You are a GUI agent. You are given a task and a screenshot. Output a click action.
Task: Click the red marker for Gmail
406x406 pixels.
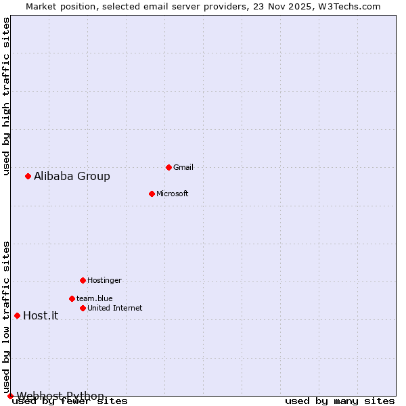[x=168, y=167]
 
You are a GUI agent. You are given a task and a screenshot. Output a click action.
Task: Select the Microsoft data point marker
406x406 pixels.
[x=152, y=194]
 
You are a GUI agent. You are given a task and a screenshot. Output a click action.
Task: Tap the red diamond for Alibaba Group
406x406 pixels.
[x=28, y=177]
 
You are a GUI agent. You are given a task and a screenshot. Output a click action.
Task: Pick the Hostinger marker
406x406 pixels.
[x=83, y=280]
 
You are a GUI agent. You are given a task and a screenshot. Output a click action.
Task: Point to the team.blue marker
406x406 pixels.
[x=72, y=298]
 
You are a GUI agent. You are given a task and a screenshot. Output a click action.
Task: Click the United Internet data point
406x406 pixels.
[x=83, y=308]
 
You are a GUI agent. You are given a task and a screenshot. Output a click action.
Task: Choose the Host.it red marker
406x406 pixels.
[x=17, y=315]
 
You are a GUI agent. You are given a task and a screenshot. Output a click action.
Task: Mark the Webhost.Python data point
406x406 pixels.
[x=10, y=396]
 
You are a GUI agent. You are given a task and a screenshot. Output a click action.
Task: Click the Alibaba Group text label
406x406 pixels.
[x=72, y=177]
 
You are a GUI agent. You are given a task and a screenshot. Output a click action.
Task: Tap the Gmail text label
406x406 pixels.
[x=183, y=167]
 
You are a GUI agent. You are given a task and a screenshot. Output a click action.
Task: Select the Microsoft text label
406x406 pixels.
[x=172, y=194]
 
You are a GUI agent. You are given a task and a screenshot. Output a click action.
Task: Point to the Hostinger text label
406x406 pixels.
[x=104, y=280]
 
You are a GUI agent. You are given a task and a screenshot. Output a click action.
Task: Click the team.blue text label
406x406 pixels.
[x=94, y=298]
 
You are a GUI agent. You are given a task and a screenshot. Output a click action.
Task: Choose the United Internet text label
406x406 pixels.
[x=114, y=308]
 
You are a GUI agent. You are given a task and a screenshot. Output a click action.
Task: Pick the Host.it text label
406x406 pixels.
[x=41, y=315]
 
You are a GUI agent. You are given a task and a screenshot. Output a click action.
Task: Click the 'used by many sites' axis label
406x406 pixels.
[x=340, y=401]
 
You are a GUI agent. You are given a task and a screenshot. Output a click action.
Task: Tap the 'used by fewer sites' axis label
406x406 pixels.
[x=70, y=401]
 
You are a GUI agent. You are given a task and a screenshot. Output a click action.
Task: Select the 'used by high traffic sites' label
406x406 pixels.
[x=6, y=97]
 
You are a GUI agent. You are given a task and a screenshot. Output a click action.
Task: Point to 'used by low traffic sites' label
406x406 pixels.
[x=6, y=317]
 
